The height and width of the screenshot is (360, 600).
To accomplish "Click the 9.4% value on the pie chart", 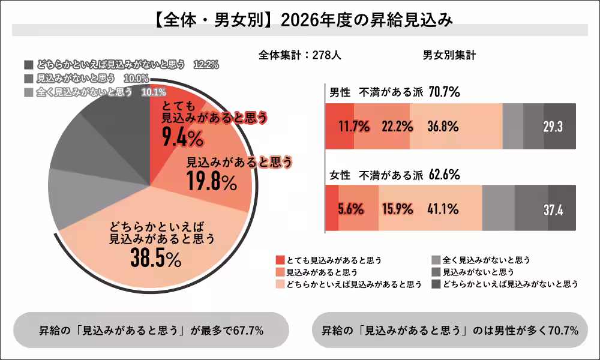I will [183, 138].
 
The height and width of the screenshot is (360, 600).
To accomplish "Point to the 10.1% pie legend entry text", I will [153, 92].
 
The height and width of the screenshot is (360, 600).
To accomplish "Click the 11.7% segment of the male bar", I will [340, 127].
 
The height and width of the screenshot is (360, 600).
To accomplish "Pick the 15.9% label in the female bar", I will [397, 209].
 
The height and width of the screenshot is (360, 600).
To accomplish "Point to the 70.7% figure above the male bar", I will [444, 92].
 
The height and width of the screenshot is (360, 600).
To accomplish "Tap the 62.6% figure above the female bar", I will [444, 175].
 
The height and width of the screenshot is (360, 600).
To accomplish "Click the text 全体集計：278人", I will [300, 55].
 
